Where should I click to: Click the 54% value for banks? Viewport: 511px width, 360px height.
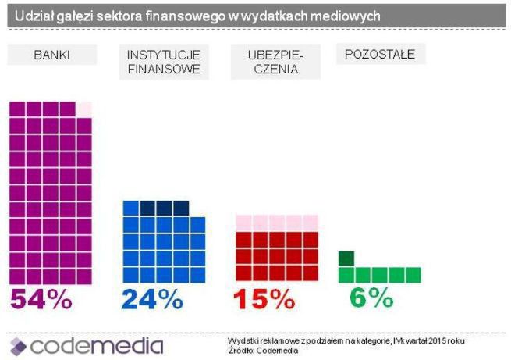(41, 299)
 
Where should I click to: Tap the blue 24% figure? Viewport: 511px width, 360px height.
(152, 299)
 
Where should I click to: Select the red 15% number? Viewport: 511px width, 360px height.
(265, 299)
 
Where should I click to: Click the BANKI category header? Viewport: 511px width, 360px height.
(51, 55)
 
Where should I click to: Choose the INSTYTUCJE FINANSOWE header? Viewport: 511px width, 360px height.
(164, 62)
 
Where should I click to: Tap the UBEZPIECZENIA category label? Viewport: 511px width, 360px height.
(275, 62)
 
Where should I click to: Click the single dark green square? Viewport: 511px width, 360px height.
(346, 258)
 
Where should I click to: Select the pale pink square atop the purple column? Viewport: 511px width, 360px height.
(84, 109)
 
